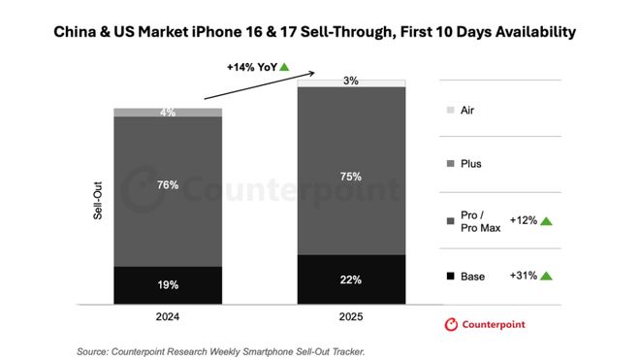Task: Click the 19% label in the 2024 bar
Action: [x=168, y=286]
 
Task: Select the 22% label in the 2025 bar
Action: [x=351, y=280]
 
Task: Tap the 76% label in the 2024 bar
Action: [x=168, y=184]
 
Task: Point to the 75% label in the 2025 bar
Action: [x=351, y=177]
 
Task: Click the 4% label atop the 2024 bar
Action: [x=168, y=113]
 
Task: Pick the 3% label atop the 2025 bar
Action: [x=351, y=82]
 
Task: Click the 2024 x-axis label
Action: [x=168, y=316]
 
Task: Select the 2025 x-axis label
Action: [x=351, y=316]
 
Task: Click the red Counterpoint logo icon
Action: [x=450, y=324]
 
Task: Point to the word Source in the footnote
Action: [x=95, y=350]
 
